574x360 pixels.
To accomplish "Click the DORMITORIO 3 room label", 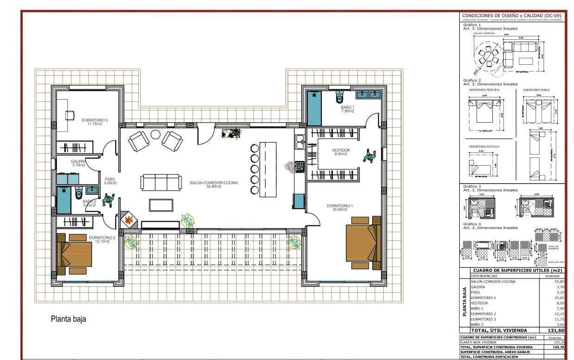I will click(x=94, y=122).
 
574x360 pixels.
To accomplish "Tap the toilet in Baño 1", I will click(x=340, y=97).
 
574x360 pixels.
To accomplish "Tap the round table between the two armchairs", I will click(x=156, y=135).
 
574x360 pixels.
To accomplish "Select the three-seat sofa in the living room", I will click(x=160, y=182).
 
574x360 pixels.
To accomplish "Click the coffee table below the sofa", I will click(x=161, y=205).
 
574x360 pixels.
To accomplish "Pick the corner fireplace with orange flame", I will click(x=129, y=220).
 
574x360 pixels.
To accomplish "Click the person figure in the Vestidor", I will click(x=369, y=156).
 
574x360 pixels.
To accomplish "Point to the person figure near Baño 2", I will click(x=108, y=200).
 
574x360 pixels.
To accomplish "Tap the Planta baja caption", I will click(x=69, y=319).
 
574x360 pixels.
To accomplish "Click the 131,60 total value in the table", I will click(x=555, y=330).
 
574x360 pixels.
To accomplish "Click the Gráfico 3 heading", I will click(x=473, y=186).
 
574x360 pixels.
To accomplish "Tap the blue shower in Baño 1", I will click(x=314, y=108).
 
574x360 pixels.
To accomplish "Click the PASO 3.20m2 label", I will click(x=110, y=181).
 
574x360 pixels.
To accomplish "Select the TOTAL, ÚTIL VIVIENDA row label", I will click(x=499, y=330).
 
